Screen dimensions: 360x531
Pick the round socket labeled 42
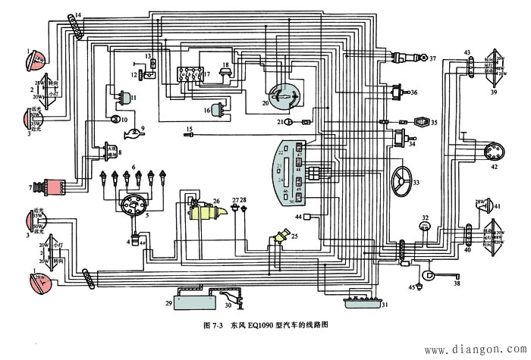coord(492,152)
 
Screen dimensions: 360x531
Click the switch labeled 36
coord(395,92)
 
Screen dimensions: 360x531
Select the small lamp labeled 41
coord(479,205)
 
